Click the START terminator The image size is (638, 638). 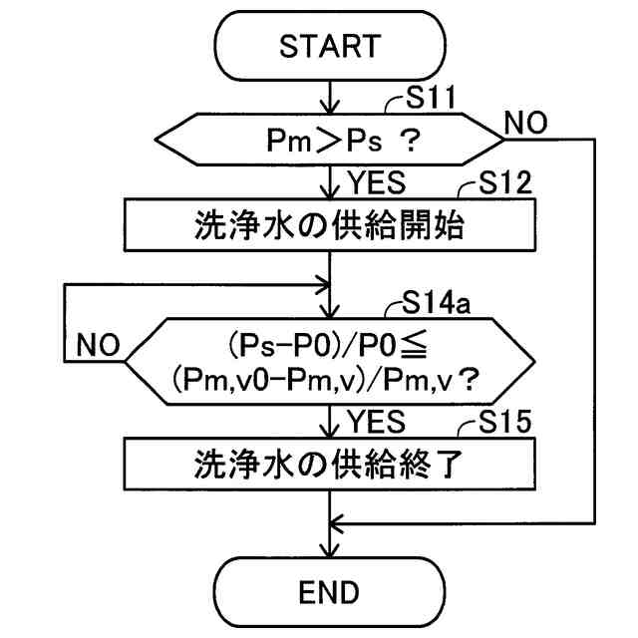pyautogui.click(x=330, y=45)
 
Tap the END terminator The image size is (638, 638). pyautogui.click(x=329, y=592)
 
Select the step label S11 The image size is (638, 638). pyautogui.click(x=431, y=98)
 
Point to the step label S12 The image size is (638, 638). pyautogui.click(x=505, y=183)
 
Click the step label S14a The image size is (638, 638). pyautogui.click(x=437, y=303)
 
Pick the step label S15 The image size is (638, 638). pyautogui.click(x=505, y=422)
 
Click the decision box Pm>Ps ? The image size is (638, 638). pyautogui.click(x=329, y=140)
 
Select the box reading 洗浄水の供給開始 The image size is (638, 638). pyautogui.click(x=330, y=224)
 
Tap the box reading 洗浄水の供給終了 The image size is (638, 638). pyautogui.click(x=330, y=464)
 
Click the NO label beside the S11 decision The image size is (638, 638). pyautogui.click(x=525, y=123)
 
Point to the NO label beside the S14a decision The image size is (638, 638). pyautogui.click(x=98, y=345)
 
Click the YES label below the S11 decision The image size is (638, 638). pyautogui.click(x=377, y=182)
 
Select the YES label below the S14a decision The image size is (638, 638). pyautogui.click(x=377, y=422)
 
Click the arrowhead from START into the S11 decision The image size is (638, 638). pyautogui.click(x=330, y=108)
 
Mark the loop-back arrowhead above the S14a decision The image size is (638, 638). pyautogui.click(x=324, y=284)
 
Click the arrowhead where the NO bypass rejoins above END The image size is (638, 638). pyautogui.click(x=336, y=523)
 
